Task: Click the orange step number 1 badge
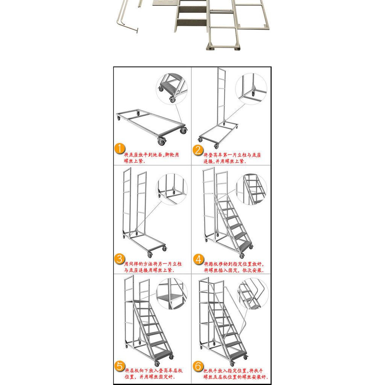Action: (120, 149)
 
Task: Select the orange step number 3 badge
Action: (120, 259)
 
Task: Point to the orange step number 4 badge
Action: (199, 259)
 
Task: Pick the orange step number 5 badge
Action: (120, 366)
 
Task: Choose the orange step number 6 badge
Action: (198, 366)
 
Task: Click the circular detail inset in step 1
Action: (172, 89)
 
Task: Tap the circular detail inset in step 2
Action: (251, 89)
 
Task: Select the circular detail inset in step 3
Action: (172, 189)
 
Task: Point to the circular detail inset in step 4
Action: (251, 189)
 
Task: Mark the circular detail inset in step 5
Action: (172, 294)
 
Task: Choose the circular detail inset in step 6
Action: (253, 294)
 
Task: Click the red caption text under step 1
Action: (152, 158)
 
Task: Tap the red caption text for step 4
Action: (234, 267)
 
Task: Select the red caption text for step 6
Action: (236, 374)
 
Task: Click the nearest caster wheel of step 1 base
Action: (162, 141)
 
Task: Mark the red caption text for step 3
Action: (153, 267)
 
